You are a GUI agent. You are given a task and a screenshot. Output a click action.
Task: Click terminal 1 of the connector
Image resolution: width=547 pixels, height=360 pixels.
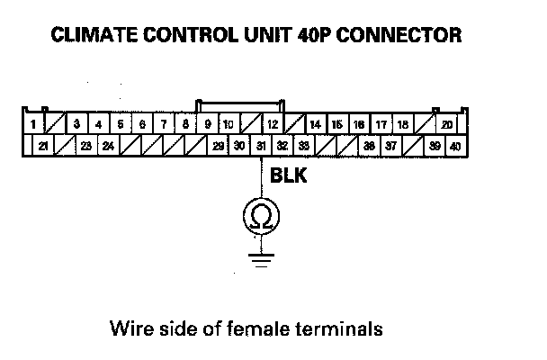pyautogui.click(x=32, y=123)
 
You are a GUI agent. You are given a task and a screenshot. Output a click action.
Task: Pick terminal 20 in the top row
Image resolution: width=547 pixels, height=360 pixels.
pyautogui.click(x=447, y=123)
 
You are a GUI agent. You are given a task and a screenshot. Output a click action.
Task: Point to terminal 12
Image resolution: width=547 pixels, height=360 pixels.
pyautogui.click(x=272, y=123)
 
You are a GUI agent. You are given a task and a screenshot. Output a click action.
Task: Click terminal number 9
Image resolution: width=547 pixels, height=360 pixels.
pyautogui.click(x=207, y=123)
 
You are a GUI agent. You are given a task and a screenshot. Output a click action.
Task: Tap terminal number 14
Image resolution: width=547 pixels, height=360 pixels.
pyautogui.click(x=316, y=123)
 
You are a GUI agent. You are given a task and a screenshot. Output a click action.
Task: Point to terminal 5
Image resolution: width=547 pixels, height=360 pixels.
pyautogui.click(x=120, y=123)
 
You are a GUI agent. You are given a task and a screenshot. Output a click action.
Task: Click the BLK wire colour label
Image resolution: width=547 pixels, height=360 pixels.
pyautogui.click(x=288, y=177)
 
